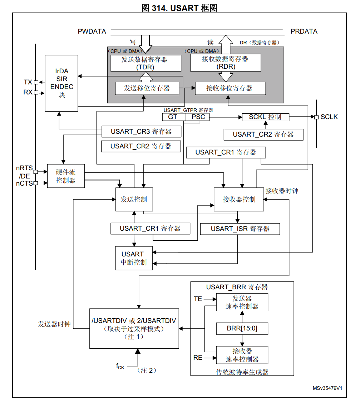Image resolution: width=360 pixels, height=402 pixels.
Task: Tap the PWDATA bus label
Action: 92,31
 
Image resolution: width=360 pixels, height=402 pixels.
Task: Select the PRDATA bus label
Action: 304,31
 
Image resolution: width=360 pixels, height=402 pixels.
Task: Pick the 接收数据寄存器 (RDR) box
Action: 225,63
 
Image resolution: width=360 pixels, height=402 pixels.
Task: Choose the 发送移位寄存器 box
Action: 147,88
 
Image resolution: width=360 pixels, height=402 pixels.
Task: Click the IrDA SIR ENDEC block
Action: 61,83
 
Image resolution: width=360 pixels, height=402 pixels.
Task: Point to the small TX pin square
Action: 36,83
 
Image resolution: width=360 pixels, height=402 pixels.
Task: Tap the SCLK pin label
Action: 329,117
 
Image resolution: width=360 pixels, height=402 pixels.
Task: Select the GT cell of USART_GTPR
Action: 173,117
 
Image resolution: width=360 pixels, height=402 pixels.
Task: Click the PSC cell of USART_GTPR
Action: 198,117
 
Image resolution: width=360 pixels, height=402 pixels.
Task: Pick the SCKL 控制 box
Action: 265,117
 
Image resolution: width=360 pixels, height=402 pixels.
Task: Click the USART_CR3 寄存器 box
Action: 141,132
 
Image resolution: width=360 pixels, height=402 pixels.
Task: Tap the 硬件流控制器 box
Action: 66,176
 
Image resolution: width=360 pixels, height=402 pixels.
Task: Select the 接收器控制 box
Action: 239,199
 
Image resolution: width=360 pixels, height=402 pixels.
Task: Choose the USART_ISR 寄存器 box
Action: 240,229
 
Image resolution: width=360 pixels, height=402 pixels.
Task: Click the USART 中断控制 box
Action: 134,258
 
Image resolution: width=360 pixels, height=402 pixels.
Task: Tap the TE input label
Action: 198,299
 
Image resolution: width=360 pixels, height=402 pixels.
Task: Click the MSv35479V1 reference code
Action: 327,388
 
